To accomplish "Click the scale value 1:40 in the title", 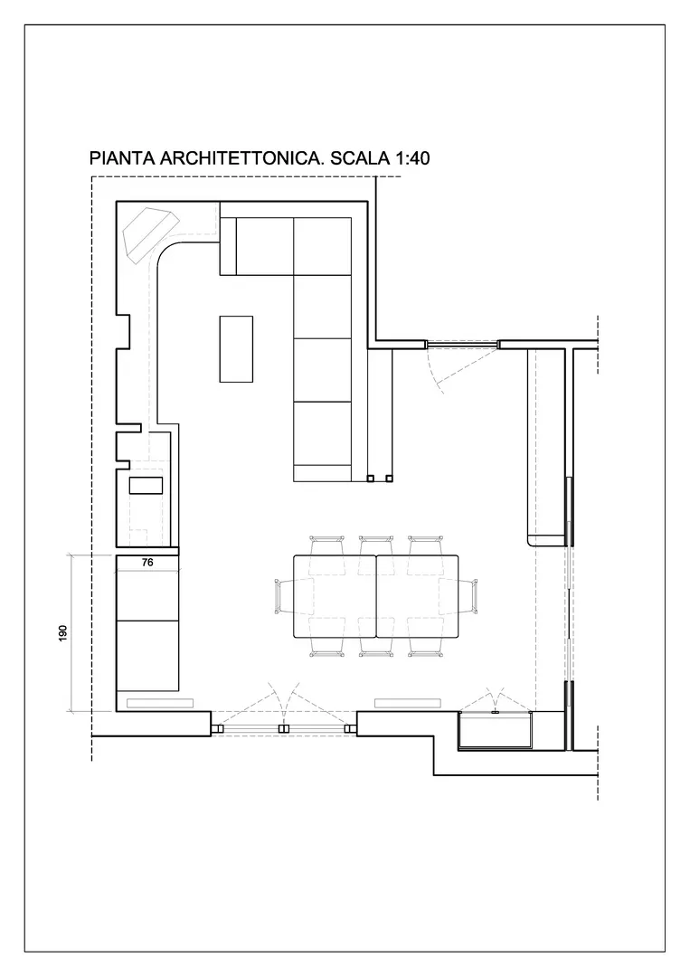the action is point(411,158).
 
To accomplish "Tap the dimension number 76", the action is point(147,562).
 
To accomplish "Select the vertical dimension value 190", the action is point(62,633).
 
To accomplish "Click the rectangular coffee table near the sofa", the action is point(236,349).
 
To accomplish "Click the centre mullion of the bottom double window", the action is point(284,727).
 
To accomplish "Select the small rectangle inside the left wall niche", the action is point(146,486).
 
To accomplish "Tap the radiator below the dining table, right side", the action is point(408,704).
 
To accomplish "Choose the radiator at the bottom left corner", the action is point(160,704).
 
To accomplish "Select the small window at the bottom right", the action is point(496,730).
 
